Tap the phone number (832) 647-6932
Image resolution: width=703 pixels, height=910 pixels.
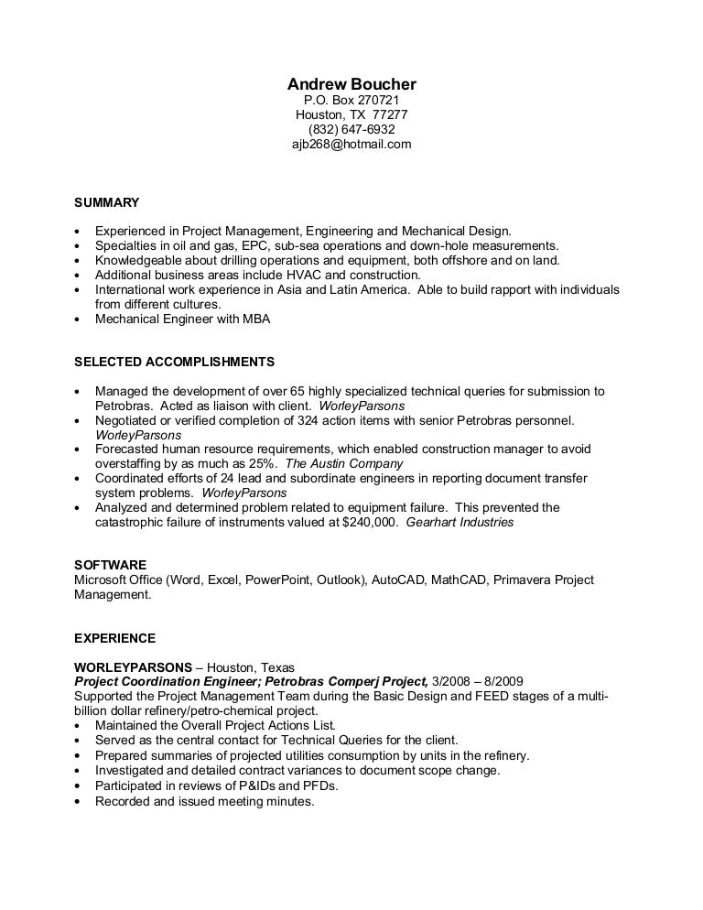click(x=351, y=129)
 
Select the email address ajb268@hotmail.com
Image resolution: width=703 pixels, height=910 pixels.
click(x=351, y=144)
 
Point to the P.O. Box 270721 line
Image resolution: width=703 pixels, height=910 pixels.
click(x=351, y=100)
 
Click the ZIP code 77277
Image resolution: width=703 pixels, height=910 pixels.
click(x=390, y=114)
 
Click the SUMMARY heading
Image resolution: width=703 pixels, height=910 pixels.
click(x=106, y=201)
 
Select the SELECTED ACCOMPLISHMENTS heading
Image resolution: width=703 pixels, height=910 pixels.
click(x=173, y=362)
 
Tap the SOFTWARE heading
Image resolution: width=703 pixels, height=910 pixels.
click(x=110, y=565)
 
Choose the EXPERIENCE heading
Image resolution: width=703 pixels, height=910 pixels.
click(x=114, y=638)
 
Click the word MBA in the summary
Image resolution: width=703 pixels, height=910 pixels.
click(x=255, y=320)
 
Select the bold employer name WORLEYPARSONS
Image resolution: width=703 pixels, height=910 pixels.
click(x=133, y=666)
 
